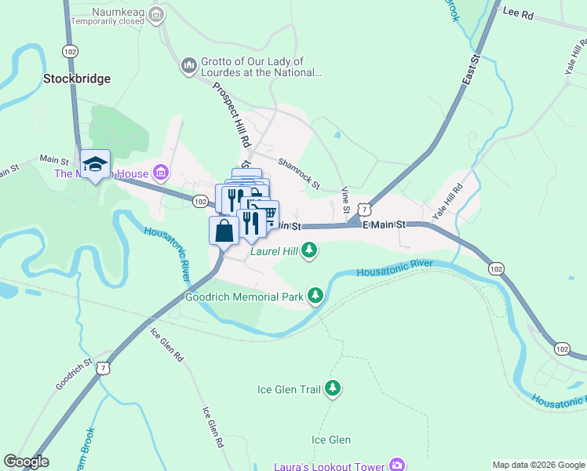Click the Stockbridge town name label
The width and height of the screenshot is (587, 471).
click(x=77, y=78)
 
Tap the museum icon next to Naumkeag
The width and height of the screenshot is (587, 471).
click(x=157, y=13)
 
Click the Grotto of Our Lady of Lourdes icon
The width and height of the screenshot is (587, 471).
click(x=188, y=64)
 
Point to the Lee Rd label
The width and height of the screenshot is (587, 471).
click(x=517, y=13)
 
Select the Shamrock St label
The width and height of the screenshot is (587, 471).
click(x=298, y=172)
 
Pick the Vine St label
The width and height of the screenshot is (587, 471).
click(x=345, y=200)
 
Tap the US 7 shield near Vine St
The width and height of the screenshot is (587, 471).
click(x=363, y=210)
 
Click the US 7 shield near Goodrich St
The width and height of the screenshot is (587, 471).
click(x=104, y=367)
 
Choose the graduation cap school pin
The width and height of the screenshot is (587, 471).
click(x=95, y=163)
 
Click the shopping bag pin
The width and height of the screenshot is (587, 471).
click(x=224, y=231)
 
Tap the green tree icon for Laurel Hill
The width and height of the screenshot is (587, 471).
click(x=311, y=250)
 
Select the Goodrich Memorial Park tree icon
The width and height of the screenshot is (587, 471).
click(x=315, y=295)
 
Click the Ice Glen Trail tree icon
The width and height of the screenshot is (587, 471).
click(x=334, y=388)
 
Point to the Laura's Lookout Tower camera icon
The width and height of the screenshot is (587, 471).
click(x=398, y=466)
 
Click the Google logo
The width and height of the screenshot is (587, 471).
click(x=26, y=462)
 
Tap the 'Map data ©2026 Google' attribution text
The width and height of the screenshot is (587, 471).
click(x=538, y=464)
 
